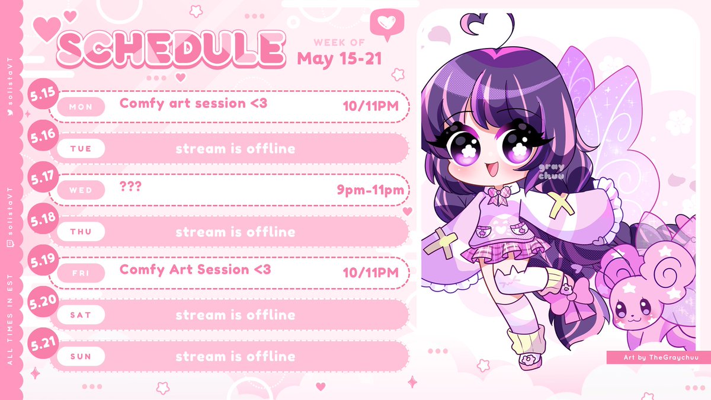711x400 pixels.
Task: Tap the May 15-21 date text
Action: (339, 59)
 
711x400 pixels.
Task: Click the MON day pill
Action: (81, 107)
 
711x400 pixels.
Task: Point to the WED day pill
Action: (81, 190)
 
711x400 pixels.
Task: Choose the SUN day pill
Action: (81, 357)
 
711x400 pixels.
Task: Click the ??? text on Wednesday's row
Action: (130, 185)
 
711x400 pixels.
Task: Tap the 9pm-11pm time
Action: (370, 190)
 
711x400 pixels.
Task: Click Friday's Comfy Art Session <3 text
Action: (195, 270)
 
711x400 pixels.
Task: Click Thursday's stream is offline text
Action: (235, 232)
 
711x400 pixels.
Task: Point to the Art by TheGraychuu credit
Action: (656, 357)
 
